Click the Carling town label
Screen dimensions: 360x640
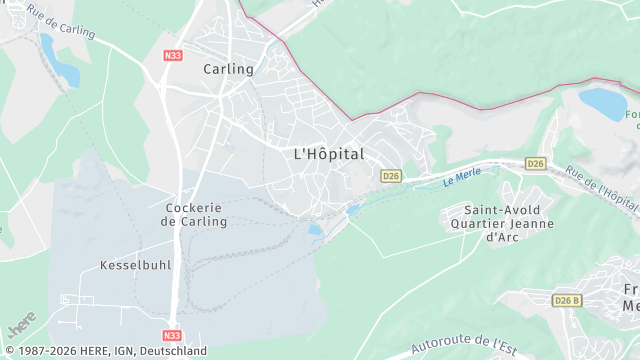[228, 69]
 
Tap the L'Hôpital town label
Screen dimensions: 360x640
[329, 154]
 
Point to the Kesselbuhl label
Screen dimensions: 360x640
[136, 266]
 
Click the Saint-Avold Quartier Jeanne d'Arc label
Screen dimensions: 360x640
[502, 223]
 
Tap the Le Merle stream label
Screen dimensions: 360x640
[462, 177]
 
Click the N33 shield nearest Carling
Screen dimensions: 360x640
[172, 57]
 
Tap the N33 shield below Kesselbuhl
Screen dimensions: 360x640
[171, 337]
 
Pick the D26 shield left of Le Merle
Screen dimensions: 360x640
[391, 176]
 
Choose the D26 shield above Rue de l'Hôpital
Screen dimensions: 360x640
[536, 163]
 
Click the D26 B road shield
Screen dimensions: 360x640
[567, 300]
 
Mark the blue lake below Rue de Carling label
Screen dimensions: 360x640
[59, 61]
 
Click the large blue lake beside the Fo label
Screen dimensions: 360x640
[601, 103]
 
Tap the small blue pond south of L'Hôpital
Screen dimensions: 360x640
[315, 229]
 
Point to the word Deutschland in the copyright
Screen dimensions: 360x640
[172, 351]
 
